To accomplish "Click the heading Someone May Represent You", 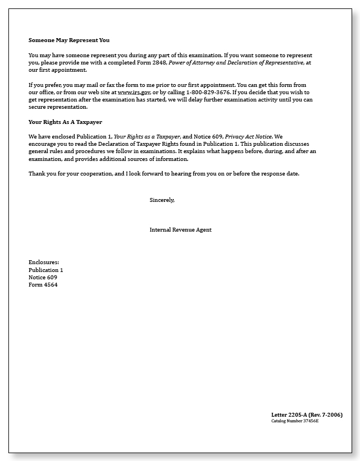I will point(69,40).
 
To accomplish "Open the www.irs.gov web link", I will point(134,92).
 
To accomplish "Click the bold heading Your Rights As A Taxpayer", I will point(65,122).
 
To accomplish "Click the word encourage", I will point(43,144).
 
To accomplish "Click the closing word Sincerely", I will point(162,200).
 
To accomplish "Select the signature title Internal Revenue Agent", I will point(181,229).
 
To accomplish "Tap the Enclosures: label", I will point(44,262).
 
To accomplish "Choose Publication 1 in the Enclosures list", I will point(46,270).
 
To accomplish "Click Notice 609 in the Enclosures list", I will point(43,277).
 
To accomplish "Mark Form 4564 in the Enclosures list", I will point(43,285).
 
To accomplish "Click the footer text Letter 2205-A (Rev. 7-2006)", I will point(307,414).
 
